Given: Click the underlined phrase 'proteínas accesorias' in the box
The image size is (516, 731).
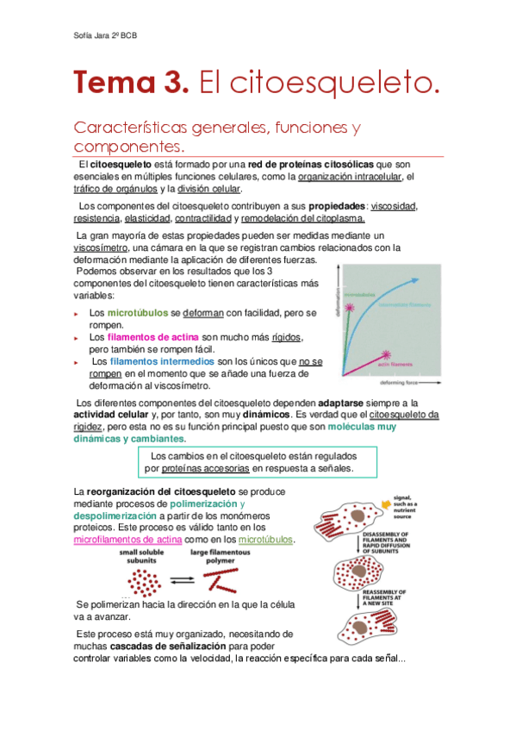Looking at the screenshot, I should (205, 468).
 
